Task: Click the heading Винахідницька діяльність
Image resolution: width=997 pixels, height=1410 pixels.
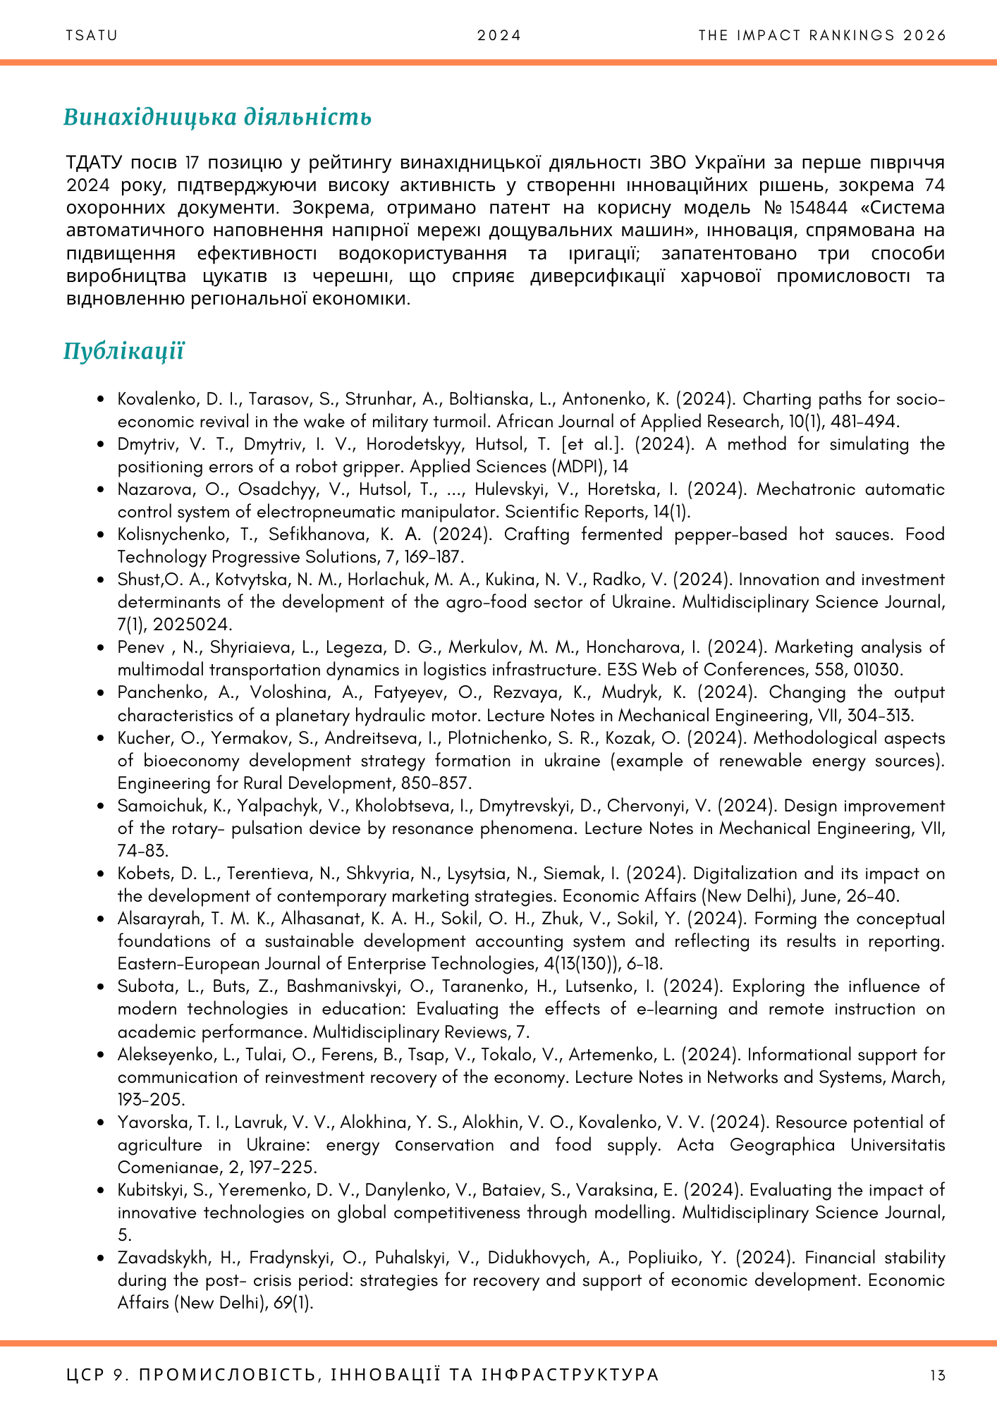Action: (217, 117)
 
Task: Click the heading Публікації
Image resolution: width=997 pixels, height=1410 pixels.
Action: (123, 351)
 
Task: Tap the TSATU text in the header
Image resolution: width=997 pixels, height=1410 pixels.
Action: (92, 36)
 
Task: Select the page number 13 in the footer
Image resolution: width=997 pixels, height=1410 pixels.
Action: (937, 1375)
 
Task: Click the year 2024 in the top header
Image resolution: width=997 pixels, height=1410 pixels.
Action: (498, 36)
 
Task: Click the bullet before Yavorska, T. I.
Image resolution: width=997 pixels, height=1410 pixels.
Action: (104, 1123)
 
